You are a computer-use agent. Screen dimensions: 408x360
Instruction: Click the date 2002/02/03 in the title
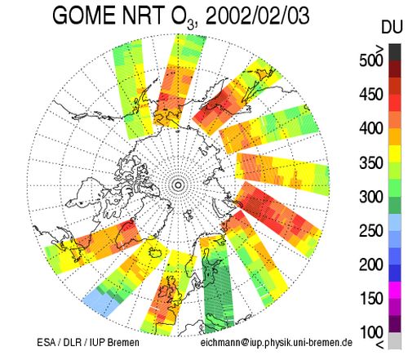pyautogui.click(x=257, y=16)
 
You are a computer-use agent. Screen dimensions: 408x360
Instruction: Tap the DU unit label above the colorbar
pyautogui.click(x=392, y=27)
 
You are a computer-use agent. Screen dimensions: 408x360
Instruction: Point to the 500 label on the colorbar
pyautogui.click(x=371, y=60)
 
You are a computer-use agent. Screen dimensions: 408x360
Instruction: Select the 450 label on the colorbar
pyautogui.click(x=371, y=94)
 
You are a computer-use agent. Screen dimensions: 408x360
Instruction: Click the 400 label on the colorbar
pyautogui.click(x=371, y=128)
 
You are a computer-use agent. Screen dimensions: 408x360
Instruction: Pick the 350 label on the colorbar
pyautogui.click(x=371, y=162)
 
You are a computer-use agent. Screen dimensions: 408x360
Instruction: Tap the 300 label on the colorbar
pyautogui.click(x=371, y=197)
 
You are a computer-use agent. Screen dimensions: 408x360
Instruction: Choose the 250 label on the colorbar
pyautogui.click(x=371, y=231)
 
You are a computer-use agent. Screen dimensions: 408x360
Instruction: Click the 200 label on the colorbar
pyautogui.click(x=371, y=264)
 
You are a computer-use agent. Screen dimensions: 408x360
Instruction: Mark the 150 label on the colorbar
pyautogui.click(x=371, y=298)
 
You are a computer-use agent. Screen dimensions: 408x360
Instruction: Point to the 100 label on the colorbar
pyautogui.click(x=371, y=332)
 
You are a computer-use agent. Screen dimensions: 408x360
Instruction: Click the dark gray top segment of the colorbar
pyautogui.click(x=395, y=52)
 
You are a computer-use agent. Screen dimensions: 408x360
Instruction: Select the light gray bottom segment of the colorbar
pyautogui.click(x=395, y=340)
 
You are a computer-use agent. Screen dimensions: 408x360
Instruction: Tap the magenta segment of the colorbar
pyautogui.click(x=395, y=290)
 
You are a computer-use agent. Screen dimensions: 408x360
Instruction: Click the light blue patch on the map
pyautogui.click(x=100, y=302)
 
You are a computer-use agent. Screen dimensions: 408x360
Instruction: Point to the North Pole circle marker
pyautogui.click(x=179, y=185)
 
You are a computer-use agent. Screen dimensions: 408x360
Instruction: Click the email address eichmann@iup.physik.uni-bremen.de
pyautogui.click(x=277, y=343)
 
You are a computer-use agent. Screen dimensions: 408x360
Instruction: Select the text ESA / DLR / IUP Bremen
pyautogui.click(x=88, y=343)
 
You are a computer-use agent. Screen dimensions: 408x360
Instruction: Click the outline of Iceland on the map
pyautogui.click(x=156, y=251)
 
